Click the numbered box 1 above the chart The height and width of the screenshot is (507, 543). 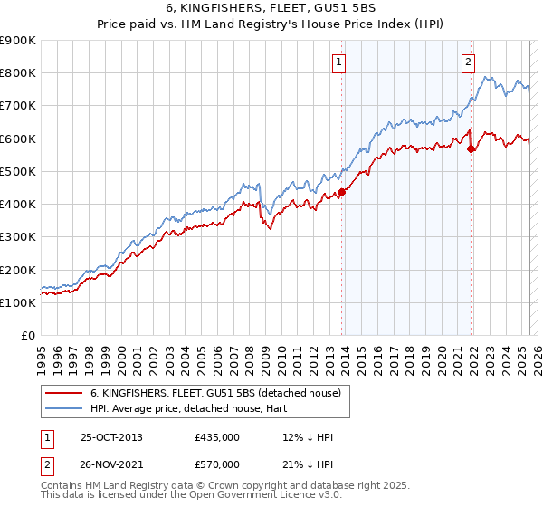[x=338, y=62]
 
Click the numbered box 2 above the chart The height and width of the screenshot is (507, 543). [x=468, y=62]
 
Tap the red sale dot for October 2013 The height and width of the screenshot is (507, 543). [x=342, y=192]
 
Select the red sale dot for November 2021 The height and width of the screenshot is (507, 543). [x=472, y=149]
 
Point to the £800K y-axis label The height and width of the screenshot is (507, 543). [x=18, y=73]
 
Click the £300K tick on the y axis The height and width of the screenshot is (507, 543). [x=18, y=237]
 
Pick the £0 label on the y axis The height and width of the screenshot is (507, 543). [x=27, y=336]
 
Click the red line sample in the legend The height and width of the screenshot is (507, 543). [x=63, y=393]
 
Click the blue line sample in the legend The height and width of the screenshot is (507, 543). [x=63, y=408]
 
